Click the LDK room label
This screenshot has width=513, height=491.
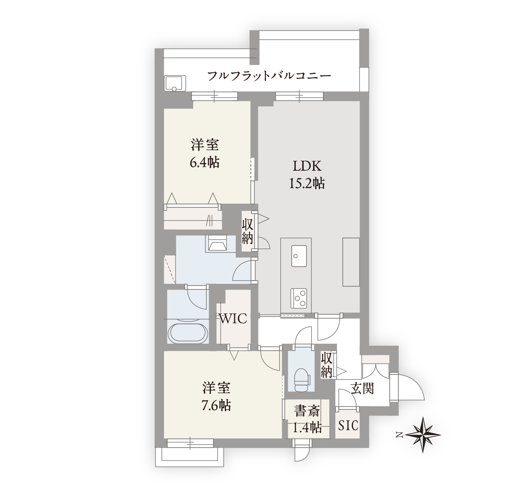307,166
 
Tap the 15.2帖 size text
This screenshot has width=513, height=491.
307,183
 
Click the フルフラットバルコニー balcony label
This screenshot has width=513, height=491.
269,76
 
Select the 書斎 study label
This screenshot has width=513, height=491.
307,411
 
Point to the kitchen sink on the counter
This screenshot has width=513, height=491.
299,256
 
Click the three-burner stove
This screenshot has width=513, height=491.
299,298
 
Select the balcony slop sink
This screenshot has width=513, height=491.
175,83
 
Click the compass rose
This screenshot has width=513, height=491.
422,435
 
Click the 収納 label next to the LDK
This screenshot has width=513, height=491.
247,232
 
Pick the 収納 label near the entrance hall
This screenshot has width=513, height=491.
326,365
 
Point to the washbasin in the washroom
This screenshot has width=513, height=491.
218,243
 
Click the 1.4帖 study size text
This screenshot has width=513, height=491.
307,428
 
